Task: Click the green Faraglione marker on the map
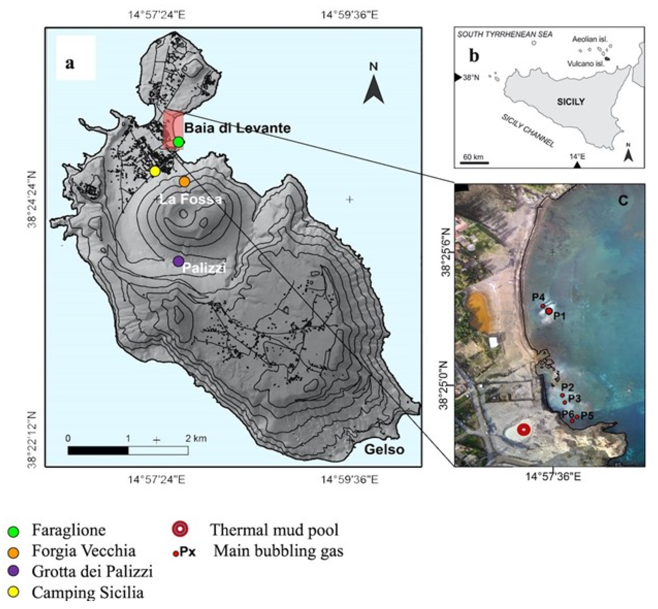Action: click(178, 142)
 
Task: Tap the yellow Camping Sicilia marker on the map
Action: click(155, 171)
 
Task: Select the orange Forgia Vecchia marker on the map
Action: click(184, 181)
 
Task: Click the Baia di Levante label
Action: click(237, 128)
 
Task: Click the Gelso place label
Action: click(384, 449)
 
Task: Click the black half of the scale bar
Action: click(98, 451)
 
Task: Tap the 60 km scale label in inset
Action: click(473, 157)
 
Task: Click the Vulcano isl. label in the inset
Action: click(586, 64)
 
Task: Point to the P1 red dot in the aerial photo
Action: click(549, 311)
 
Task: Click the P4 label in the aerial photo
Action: click(538, 297)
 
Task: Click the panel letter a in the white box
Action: click(69, 63)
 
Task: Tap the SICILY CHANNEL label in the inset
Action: click(528, 131)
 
